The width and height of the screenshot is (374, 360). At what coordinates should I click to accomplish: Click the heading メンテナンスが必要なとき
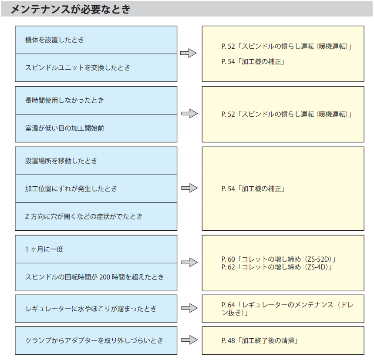[71, 9]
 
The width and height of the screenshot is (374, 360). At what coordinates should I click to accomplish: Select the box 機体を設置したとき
[96, 40]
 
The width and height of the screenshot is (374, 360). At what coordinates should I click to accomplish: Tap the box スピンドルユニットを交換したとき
[96, 68]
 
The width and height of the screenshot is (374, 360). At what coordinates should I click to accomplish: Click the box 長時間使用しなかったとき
[96, 101]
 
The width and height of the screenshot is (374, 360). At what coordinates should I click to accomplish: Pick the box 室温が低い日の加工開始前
[96, 128]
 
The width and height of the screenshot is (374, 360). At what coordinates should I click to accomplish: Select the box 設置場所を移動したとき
[96, 161]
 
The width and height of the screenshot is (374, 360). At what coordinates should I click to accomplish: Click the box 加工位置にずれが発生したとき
[96, 189]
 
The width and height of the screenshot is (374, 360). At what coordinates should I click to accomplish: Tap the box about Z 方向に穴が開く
[96, 217]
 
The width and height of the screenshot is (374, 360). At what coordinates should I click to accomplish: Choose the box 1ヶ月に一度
[96, 249]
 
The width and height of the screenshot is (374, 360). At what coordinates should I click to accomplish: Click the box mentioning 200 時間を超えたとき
[96, 277]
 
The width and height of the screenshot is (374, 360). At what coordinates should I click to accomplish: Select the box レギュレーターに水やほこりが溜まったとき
[96, 309]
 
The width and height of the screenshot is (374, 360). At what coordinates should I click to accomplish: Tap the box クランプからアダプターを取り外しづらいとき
[96, 340]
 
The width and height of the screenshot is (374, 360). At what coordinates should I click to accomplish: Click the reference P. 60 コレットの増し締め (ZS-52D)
[279, 259]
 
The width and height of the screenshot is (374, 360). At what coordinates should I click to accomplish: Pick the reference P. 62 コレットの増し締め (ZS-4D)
[276, 267]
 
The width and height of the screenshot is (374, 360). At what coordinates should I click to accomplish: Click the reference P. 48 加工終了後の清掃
[259, 341]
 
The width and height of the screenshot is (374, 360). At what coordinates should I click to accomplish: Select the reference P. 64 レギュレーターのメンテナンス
[287, 309]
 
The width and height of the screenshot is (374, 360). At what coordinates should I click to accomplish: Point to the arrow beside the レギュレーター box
[189, 308]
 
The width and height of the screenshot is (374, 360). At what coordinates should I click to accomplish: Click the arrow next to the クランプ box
[189, 340]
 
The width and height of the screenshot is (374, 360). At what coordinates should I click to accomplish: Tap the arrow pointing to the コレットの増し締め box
[189, 262]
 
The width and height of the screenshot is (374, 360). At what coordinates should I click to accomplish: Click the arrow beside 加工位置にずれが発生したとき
[189, 188]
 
